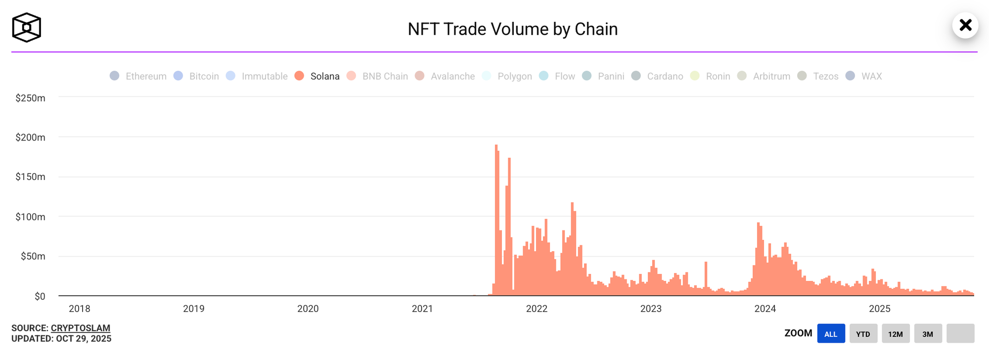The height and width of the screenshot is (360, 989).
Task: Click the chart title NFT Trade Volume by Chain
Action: [x=512, y=29]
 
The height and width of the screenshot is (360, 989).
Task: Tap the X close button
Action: [x=965, y=25]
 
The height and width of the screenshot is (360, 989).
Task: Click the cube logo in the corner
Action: [x=27, y=28]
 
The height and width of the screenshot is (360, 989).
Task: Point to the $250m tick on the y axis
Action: [x=30, y=98]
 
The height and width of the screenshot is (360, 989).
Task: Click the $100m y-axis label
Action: [x=30, y=217]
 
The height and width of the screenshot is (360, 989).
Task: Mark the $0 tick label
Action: [x=40, y=296]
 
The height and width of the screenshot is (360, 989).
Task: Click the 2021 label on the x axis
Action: [x=422, y=309]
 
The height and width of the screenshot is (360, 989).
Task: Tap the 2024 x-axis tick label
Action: [x=765, y=309]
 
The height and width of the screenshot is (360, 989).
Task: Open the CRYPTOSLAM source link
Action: [x=81, y=328]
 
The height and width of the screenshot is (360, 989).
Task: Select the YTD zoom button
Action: [x=863, y=334]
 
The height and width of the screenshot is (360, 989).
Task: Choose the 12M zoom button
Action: [x=895, y=334]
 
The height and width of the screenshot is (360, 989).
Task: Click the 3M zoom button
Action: [x=928, y=334]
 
